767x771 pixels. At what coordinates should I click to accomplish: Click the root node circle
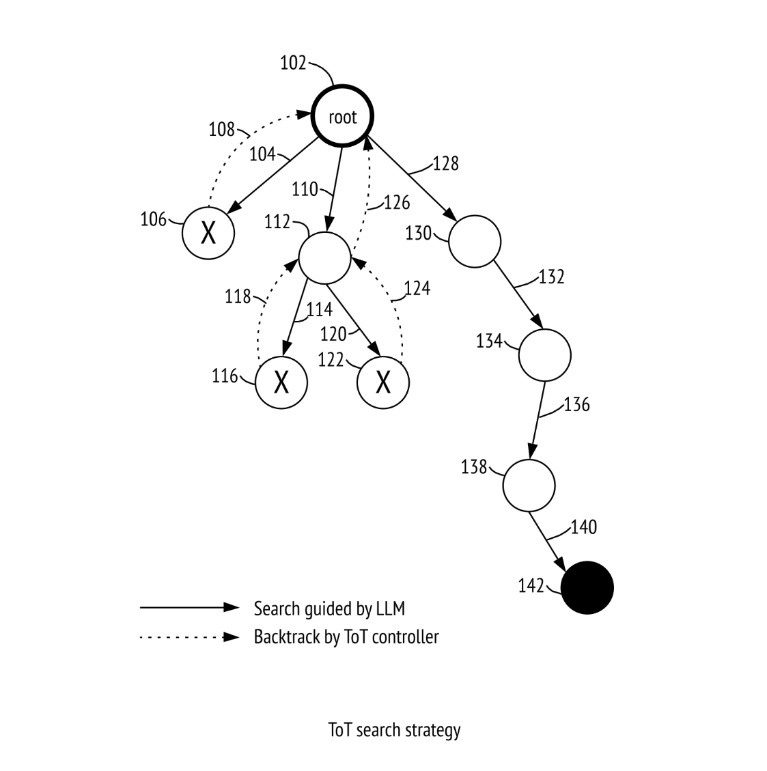click(343, 116)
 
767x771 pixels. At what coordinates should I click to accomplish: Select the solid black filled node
click(587, 587)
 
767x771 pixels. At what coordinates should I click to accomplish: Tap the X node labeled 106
click(208, 233)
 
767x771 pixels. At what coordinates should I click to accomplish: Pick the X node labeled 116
click(281, 382)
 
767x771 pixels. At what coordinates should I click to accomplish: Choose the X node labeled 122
click(383, 382)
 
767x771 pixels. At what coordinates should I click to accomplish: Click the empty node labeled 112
click(324, 258)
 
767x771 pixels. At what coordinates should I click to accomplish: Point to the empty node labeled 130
click(475, 242)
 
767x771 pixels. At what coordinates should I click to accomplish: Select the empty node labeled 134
click(545, 355)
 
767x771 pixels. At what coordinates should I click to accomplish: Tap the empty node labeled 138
click(529, 486)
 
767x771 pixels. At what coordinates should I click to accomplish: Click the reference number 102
click(293, 63)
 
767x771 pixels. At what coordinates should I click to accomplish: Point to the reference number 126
click(397, 203)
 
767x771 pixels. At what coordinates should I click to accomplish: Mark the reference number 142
click(531, 586)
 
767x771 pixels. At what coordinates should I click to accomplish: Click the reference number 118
click(238, 296)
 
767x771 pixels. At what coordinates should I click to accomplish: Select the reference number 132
click(552, 277)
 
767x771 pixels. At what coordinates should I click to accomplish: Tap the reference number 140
click(584, 527)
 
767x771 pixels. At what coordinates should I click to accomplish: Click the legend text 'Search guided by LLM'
click(329, 608)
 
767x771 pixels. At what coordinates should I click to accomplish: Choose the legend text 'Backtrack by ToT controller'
click(346, 636)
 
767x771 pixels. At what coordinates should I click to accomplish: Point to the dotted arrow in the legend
click(190, 637)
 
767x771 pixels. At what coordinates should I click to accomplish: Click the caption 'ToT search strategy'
click(394, 730)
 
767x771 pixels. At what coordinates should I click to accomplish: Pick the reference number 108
click(222, 129)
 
